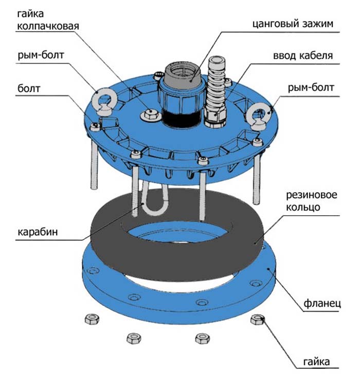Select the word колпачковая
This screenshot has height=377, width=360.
pos(49,26)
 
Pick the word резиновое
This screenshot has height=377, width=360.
pos(308,196)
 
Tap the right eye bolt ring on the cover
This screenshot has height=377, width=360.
pos(256,117)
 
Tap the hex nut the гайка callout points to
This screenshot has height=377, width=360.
pos(257,320)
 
